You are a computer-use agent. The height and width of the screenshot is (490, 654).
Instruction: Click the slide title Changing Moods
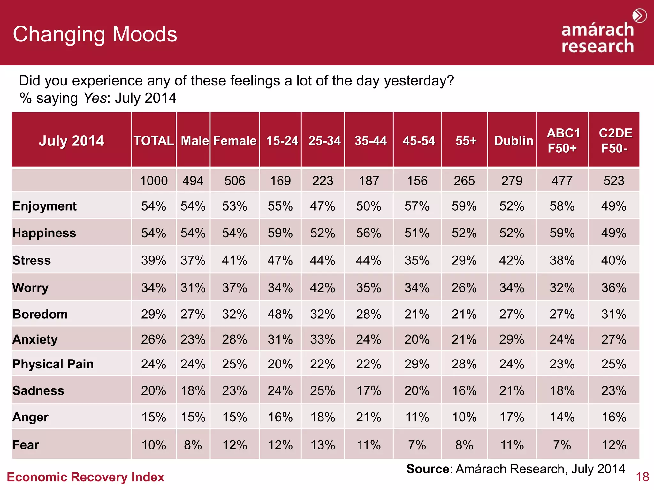95,34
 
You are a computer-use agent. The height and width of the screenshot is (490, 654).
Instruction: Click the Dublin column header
513,141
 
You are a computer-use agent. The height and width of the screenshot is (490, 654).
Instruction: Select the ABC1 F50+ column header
563,141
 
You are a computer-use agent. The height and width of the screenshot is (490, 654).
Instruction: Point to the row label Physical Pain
53,364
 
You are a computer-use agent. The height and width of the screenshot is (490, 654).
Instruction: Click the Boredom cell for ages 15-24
280,315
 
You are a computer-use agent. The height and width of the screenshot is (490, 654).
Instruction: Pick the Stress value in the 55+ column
464,261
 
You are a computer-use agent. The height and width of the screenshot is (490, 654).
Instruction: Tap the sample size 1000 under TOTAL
154,181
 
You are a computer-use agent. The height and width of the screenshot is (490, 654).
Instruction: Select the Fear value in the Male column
193,445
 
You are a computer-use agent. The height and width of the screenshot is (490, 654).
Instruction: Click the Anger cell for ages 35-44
369,417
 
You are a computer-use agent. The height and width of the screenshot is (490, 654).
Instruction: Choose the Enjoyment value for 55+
464,206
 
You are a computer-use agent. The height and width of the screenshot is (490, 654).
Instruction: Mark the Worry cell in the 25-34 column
323,288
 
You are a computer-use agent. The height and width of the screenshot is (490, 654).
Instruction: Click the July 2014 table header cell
71,141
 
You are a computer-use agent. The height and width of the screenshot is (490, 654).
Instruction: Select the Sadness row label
38,391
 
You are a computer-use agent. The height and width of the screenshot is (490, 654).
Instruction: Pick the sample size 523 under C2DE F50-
613,181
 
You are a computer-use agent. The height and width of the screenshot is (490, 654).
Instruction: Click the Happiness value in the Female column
234,233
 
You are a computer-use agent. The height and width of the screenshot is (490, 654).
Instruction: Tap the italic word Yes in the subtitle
95,98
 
